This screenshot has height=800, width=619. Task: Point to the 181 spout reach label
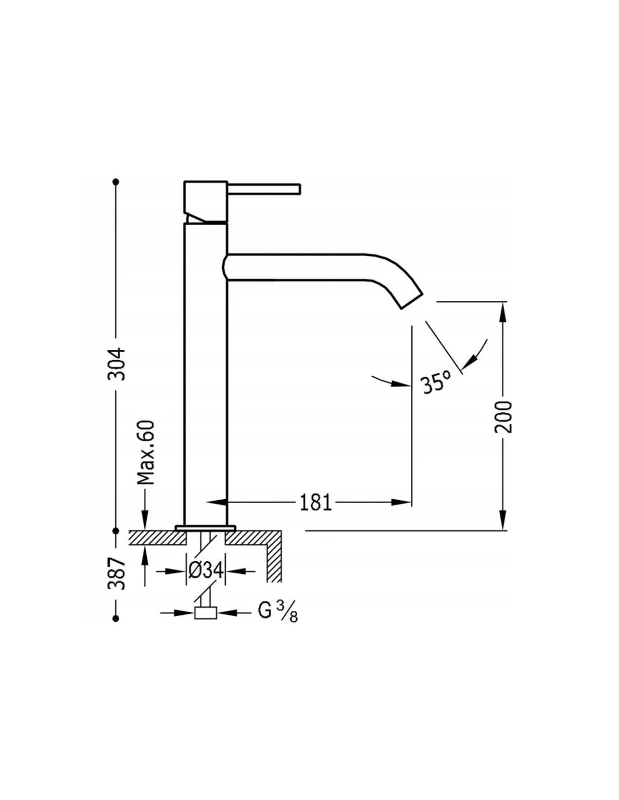click(x=316, y=502)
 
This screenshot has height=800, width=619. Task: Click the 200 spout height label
click(x=504, y=417)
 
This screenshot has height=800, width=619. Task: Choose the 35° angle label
click(x=436, y=383)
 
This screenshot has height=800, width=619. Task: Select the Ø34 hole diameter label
click(x=205, y=571)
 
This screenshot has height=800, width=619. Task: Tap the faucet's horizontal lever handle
click(x=264, y=188)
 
